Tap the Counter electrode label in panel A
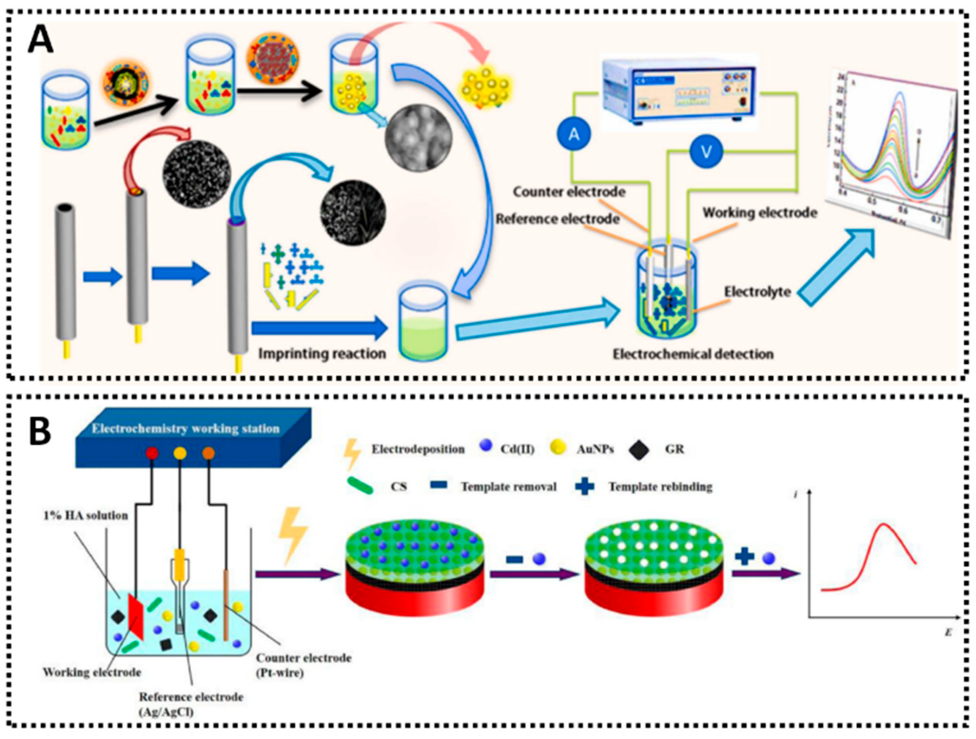(x=569, y=192)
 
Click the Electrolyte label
(x=757, y=292)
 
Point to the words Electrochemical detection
(x=693, y=354)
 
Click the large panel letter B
(x=40, y=431)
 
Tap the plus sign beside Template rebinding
(x=585, y=487)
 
